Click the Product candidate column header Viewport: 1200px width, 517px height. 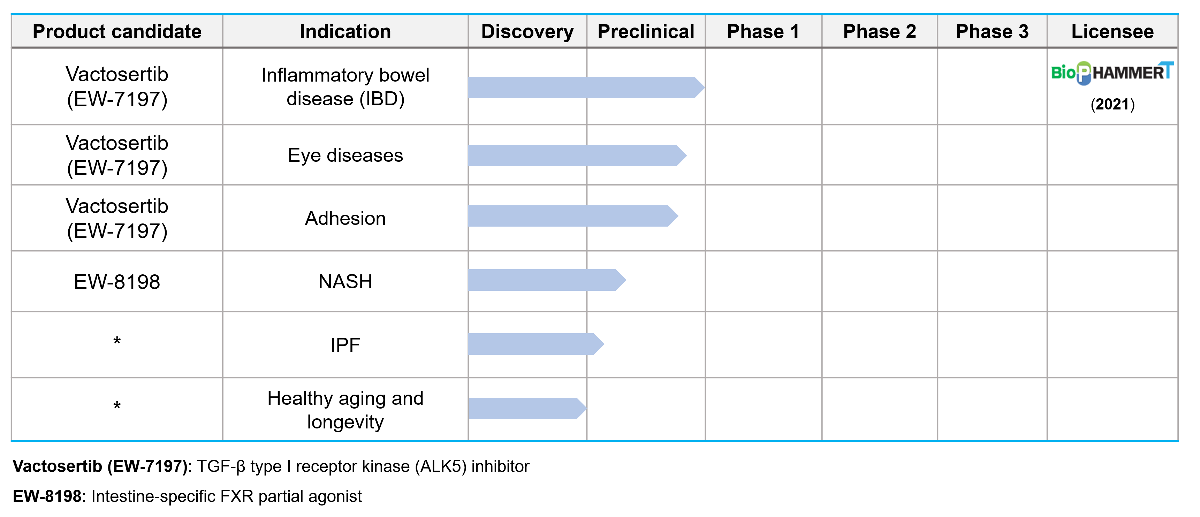[117, 32]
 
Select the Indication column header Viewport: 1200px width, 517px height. [345, 32]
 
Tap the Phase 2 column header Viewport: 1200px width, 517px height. [880, 32]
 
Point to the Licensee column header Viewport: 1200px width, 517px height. [1112, 32]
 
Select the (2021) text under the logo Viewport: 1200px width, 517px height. [1112, 104]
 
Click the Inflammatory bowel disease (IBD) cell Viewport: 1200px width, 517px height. [345, 87]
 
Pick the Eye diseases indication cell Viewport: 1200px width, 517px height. [345, 155]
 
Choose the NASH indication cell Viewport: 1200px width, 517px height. [345, 282]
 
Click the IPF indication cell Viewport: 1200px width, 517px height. [345, 345]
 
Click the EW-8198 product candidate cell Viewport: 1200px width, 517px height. [117, 282]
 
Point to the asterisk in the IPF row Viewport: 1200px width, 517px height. [117, 341]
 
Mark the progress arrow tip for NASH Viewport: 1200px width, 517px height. [626, 280]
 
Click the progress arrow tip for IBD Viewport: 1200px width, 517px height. [704, 87]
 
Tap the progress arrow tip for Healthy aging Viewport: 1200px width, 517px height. [586, 409]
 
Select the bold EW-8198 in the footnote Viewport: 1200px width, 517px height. [47, 496]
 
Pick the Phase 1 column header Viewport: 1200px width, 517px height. [763, 32]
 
